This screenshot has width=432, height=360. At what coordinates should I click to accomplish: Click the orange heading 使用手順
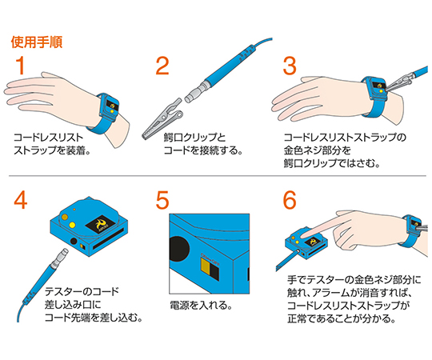point(37,42)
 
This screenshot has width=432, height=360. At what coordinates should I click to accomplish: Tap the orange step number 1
point(21,66)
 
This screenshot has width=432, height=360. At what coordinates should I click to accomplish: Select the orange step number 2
point(162,66)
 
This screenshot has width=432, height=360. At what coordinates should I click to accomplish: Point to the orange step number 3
point(290,66)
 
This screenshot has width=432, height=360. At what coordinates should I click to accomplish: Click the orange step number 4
point(21,200)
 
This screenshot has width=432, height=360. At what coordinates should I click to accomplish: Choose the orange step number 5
point(162,201)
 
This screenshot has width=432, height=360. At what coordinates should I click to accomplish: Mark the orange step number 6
point(290,200)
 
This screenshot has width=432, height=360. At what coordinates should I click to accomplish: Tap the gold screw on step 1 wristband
point(112,111)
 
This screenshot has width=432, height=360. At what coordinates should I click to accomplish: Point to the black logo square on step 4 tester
point(99,224)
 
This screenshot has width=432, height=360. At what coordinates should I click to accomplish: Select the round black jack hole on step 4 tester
point(74,241)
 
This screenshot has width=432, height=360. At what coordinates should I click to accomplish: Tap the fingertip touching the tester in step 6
point(304,235)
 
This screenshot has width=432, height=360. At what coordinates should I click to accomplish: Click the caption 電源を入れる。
point(201,305)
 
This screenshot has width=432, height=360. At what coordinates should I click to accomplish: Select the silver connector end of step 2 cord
point(194,92)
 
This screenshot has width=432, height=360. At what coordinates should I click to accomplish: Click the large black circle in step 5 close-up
point(179,249)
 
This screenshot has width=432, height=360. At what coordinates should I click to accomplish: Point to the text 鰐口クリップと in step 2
point(194,137)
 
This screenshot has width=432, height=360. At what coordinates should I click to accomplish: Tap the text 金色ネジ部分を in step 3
point(318,150)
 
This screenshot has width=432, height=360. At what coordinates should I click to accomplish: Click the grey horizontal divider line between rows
point(218,175)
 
